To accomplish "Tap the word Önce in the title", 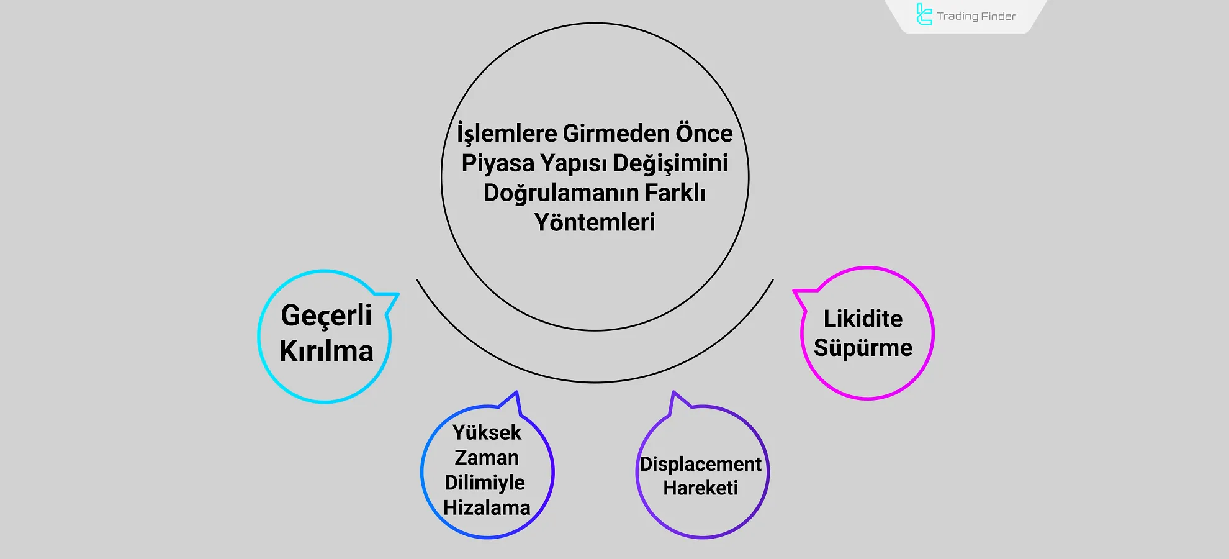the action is [704, 133].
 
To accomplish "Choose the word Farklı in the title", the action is [675, 193].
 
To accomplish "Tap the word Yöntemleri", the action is [595, 222].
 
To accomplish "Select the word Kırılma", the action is [326, 352].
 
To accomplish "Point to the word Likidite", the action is [863, 319].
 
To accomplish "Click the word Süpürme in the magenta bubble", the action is [863, 348].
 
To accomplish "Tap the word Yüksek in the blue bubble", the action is [487, 432].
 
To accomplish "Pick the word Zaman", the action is [487, 458].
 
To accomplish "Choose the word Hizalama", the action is [487, 508].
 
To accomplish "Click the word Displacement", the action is [700, 464].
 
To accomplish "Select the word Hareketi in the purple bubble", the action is [700, 488].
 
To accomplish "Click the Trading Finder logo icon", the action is [924, 15].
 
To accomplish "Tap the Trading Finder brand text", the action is [976, 16].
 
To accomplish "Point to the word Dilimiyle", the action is [485, 483].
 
